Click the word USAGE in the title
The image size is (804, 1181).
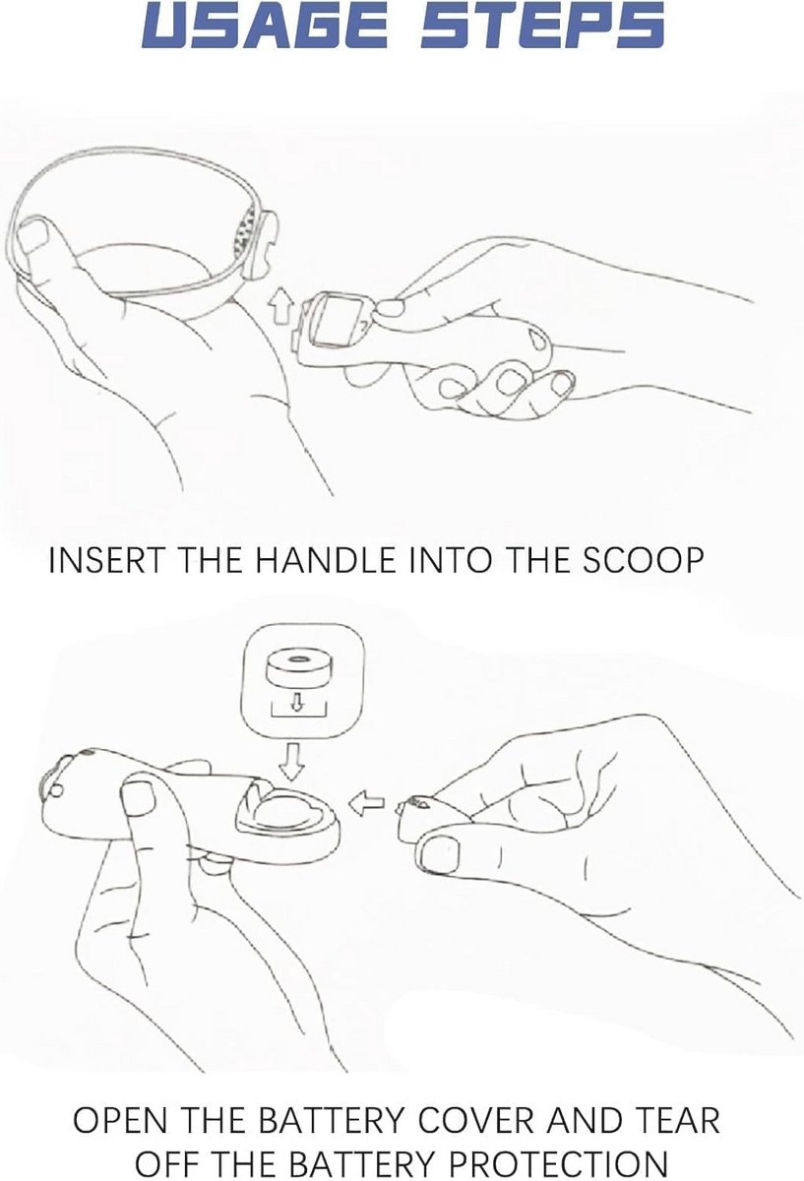(x=264, y=26)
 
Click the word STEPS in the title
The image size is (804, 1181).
(x=542, y=26)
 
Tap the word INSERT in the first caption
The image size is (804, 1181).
(x=106, y=560)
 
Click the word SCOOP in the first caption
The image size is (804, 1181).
(x=644, y=560)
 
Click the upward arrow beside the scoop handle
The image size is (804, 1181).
(x=278, y=306)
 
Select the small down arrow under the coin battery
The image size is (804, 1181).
(x=298, y=701)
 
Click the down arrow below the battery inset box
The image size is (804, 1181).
(x=291, y=762)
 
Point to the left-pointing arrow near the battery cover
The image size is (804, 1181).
(x=366, y=805)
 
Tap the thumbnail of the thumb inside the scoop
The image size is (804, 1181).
(x=32, y=235)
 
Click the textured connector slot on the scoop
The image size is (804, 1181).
(x=246, y=233)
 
